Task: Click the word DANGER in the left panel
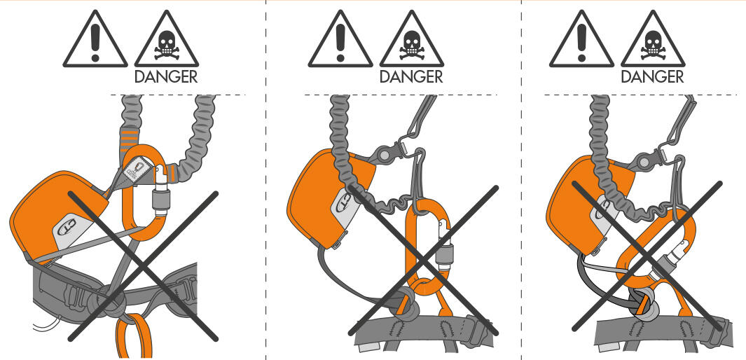pos(166,76)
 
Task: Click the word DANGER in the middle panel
pos(412,76)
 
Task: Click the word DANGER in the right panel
pos(653,76)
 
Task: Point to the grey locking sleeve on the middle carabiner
pos(442,260)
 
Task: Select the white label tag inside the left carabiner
pos(137,171)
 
